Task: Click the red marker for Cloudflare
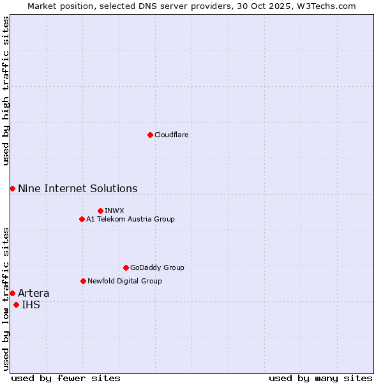click(x=150, y=135)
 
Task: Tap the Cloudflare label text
click(x=171, y=135)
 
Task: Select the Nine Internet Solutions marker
click(x=12, y=188)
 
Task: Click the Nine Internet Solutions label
click(x=77, y=188)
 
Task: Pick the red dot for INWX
click(x=100, y=211)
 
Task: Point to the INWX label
click(x=114, y=211)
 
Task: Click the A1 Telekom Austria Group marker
click(x=82, y=219)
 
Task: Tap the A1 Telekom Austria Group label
click(x=130, y=219)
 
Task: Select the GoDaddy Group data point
click(x=126, y=267)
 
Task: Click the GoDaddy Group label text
click(x=156, y=267)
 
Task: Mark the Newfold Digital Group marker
click(x=83, y=281)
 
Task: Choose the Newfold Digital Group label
click(x=124, y=281)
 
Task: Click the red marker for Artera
click(x=12, y=293)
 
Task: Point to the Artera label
click(x=33, y=293)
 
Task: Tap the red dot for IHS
click(x=16, y=304)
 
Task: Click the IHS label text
click(x=31, y=304)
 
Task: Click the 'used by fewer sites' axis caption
click(x=66, y=378)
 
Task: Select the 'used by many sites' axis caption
click(x=320, y=378)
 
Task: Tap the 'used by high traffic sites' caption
click(x=6, y=91)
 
